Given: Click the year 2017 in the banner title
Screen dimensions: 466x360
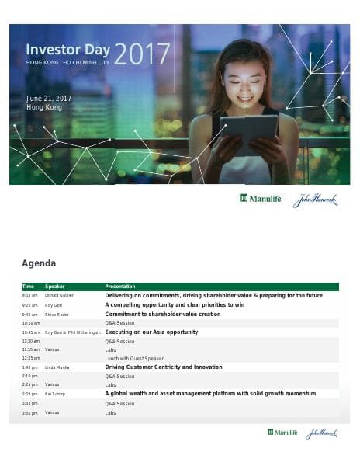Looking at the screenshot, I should (142, 54).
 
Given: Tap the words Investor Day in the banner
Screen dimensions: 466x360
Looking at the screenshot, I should (67, 48).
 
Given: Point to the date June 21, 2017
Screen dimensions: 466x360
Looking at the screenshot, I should (49, 99).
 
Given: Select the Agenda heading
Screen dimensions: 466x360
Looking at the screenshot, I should (39, 263).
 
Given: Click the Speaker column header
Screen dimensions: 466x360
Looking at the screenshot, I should (55, 287).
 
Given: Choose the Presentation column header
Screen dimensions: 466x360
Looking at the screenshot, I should (120, 287).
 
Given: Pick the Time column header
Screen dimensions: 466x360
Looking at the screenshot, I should (28, 287).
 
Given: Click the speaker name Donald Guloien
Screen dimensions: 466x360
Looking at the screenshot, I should (60, 296).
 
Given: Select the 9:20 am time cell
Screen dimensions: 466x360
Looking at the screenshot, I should (29, 305).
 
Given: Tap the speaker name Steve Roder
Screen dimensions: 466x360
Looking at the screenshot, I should (57, 315).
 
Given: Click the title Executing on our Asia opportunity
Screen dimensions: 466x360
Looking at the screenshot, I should (151, 332).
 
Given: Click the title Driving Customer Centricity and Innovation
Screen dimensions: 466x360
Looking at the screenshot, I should (163, 367).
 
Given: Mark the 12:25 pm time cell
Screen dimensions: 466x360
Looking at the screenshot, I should (30, 358).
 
